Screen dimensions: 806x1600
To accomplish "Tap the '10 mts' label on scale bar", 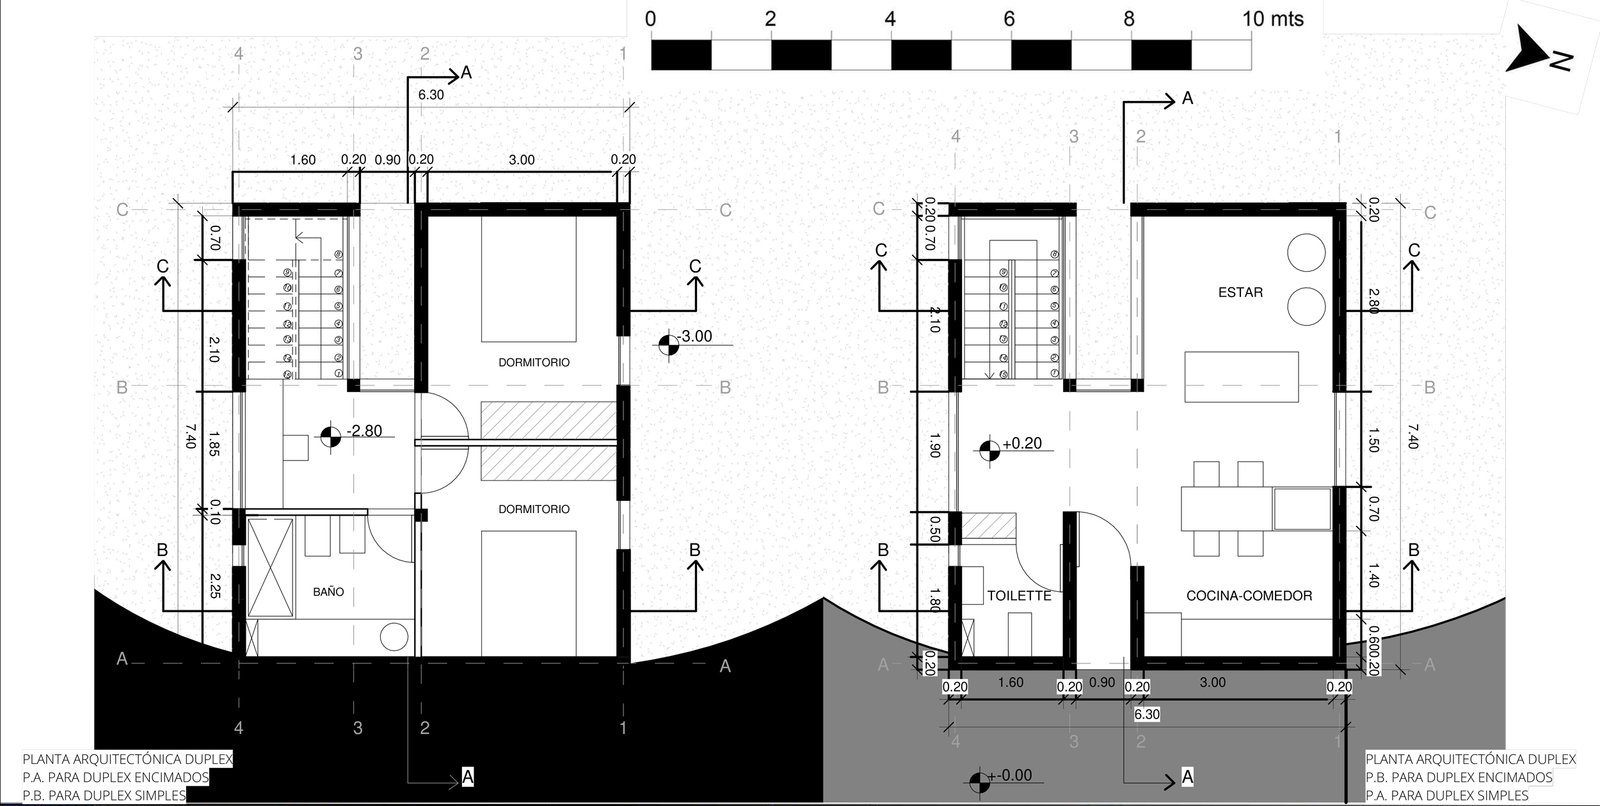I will (x=1273, y=19).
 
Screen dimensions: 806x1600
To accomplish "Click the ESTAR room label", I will (x=1240, y=293).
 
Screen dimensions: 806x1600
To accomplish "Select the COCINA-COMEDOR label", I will (x=1249, y=596).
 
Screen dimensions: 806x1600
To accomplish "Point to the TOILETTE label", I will (x=1019, y=596).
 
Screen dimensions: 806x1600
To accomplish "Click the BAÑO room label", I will (x=328, y=592).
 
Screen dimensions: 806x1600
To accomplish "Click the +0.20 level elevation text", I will (x=1021, y=443).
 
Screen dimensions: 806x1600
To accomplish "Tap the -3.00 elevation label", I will (x=692, y=337).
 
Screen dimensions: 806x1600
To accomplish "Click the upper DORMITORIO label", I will (x=534, y=363).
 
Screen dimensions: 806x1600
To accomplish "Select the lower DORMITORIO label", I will (x=534, y=510).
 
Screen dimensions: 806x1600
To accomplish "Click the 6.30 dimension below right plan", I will (x=1147, y=715).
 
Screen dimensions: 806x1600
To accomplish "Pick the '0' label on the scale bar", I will (x=651, y=19).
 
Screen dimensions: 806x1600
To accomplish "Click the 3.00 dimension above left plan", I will (x=521, y=160).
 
